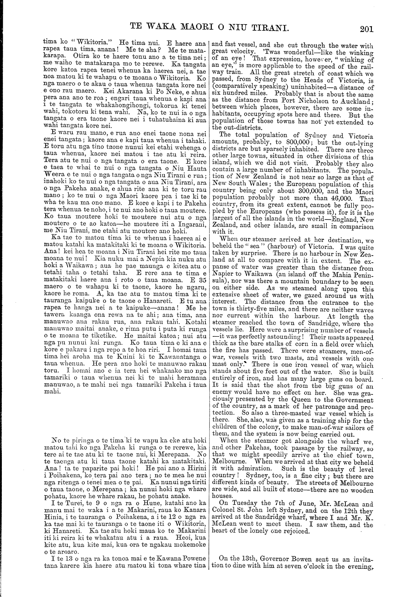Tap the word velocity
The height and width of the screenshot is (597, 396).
pyautogui.click(x=243, y=51)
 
